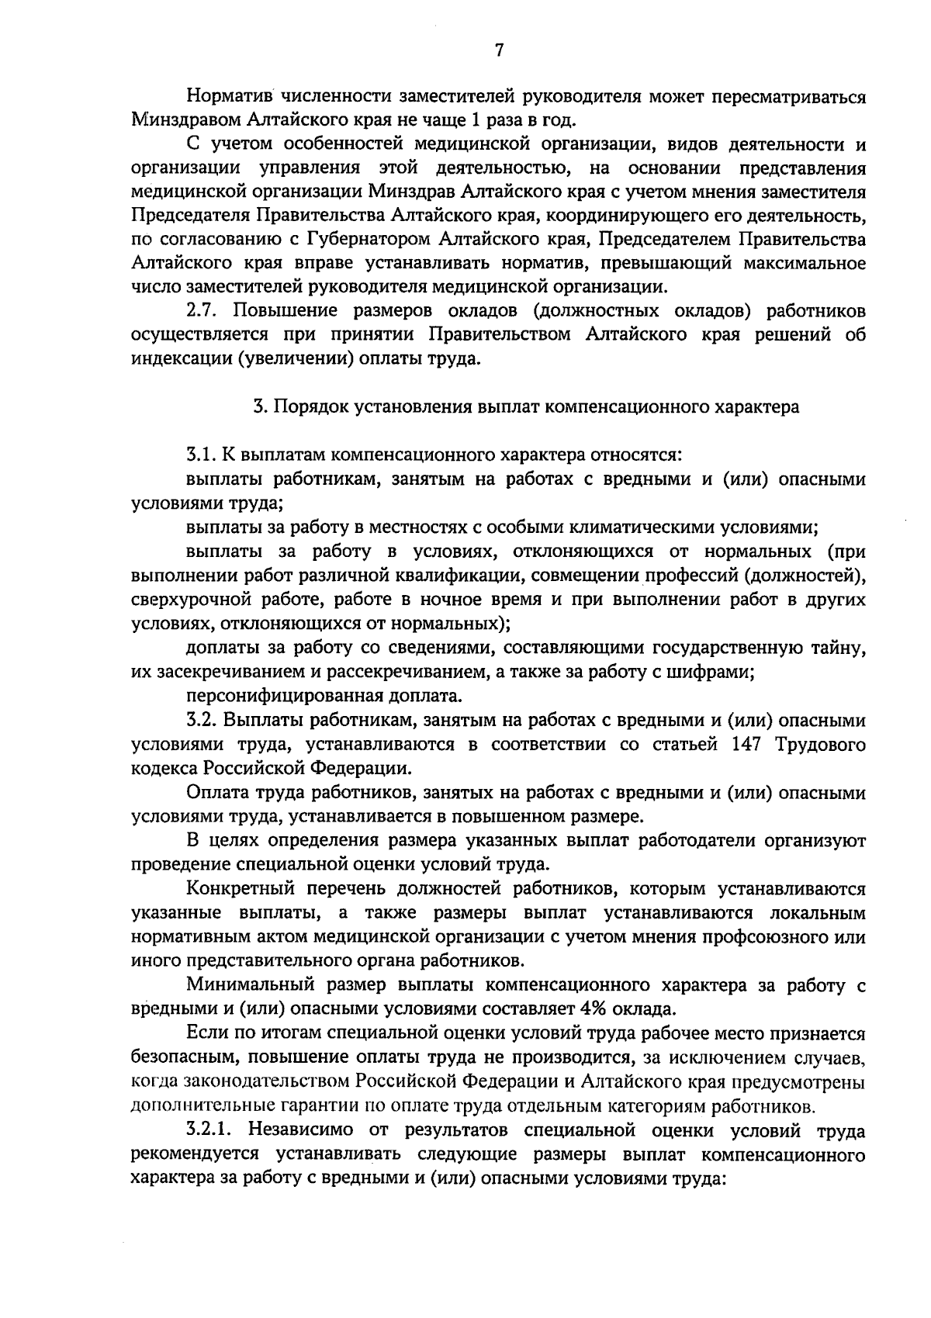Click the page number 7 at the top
[x=499, y=50]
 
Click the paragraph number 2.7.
[x=204, y=312]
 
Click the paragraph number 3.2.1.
[x=210, y=1130]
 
